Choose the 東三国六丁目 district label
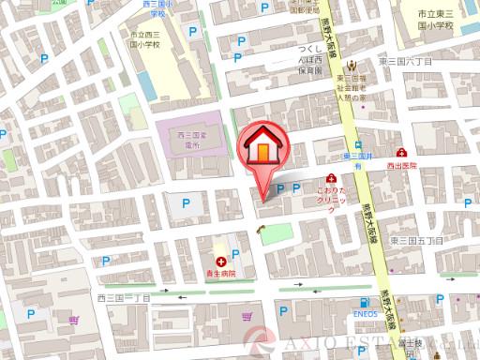[x=405, y=60]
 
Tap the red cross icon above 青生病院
[x=219, y=261]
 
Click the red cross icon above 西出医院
[x=400, y=152]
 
